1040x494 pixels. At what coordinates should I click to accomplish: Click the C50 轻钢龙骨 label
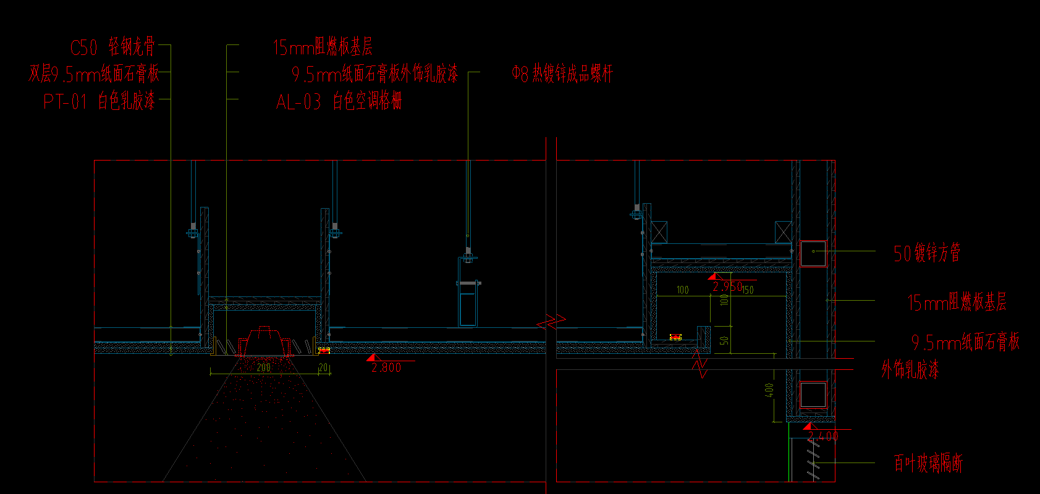coord(112,47)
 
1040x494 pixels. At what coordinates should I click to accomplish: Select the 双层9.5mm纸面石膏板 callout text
coord(94,74)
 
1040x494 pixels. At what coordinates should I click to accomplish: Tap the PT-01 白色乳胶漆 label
coord(99,101)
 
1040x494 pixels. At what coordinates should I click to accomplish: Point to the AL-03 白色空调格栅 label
coord(339,101)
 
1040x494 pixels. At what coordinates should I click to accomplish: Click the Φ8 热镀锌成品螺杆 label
coord(562,74)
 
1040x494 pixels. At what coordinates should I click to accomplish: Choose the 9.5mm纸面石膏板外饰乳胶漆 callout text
coord(375,74)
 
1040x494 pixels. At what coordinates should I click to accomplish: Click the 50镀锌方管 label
coord(927,253)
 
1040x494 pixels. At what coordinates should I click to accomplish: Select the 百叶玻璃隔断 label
coord(928,464)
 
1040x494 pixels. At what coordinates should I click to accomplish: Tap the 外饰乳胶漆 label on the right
coord(910,370)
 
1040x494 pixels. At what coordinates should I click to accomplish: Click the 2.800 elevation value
coord(386,367)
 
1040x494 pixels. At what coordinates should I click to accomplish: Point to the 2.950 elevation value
coord(727,287)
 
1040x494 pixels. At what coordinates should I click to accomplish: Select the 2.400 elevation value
coord(823,437)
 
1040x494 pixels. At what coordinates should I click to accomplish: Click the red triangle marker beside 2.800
coord(371,358)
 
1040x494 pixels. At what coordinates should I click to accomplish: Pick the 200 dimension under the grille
coord(263,367)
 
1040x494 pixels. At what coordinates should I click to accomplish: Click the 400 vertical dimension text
coord(769,390)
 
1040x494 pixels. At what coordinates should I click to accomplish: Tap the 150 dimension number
coord(748,290)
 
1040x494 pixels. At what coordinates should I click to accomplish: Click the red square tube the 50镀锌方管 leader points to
coord(813,253)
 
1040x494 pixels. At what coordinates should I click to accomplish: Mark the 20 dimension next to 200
coord(323,367)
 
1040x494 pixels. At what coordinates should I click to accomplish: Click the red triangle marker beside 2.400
coord(808,426)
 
